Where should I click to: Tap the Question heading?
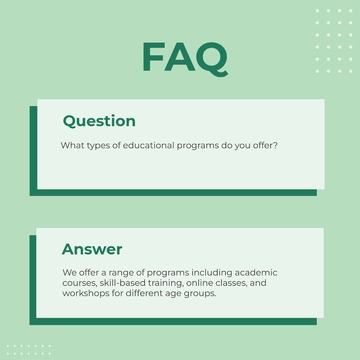pos(99,121)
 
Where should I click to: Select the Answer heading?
pos(92,249)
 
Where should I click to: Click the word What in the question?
pos(73,147)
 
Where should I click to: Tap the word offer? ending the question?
pos(264,147)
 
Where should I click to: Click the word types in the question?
pos(103,147)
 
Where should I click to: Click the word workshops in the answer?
pos(86,294)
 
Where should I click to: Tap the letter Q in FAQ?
pos(211,58)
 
